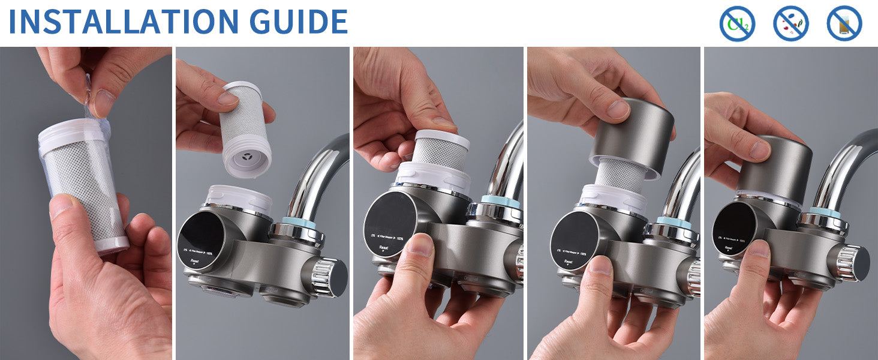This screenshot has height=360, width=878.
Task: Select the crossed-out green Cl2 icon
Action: [x=736, y=23]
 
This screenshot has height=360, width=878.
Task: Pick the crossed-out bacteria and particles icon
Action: [x=790, y=23]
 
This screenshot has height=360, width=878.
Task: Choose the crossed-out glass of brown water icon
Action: [x=844, y=23]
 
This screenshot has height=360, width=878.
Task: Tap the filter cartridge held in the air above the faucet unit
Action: [x=245, y=129]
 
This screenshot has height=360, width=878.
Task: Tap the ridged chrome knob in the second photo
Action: [x=327, y=278]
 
